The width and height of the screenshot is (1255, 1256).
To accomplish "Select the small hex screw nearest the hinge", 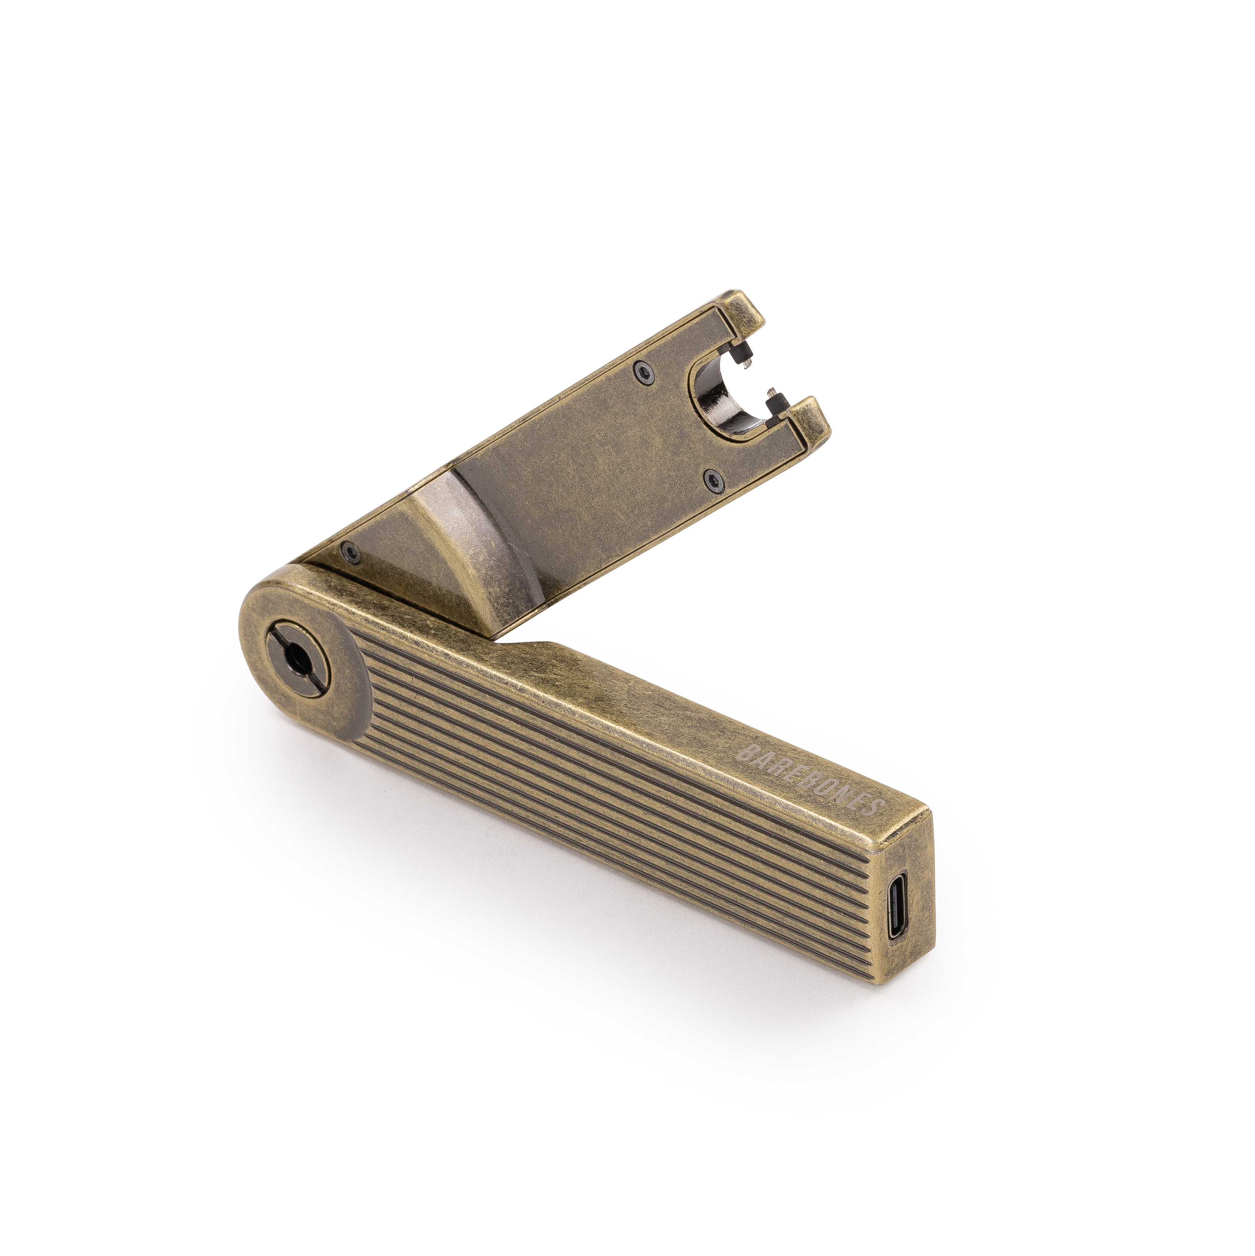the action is point(352,551).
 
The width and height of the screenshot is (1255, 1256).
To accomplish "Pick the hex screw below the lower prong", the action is point(713,479).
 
